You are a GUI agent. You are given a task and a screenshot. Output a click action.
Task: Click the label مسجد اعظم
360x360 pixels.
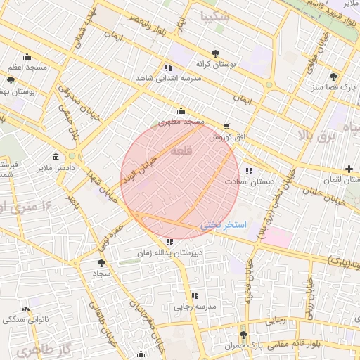pos(27,67)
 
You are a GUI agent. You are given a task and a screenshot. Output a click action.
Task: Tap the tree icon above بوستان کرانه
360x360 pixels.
pos(215,53)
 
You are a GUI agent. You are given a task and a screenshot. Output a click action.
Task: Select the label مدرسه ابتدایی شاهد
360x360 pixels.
pos(168,78)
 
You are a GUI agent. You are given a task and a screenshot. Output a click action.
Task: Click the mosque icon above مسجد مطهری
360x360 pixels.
pos(181,110)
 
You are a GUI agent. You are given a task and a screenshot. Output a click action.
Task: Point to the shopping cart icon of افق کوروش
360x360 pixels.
pos(226,127)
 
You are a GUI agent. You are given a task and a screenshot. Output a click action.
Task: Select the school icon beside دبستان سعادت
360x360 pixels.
pos(248,171)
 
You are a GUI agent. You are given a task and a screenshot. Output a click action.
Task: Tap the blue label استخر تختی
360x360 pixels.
pos(223,225)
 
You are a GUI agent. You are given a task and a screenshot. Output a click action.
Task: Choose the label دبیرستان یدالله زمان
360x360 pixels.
pos(169,252)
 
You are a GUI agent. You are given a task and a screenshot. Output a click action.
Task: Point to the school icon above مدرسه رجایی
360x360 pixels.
pos(195,295)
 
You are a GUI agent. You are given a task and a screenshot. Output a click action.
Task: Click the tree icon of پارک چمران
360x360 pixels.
pos(244,335)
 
